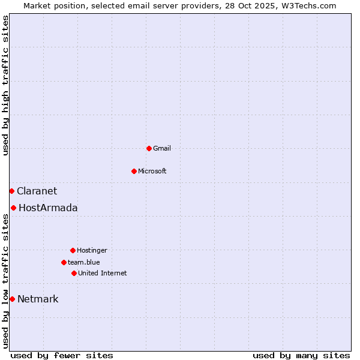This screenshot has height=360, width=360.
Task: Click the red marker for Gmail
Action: [149, 148]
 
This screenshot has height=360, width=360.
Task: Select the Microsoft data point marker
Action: [134, 171]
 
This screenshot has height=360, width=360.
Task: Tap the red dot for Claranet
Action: [11, 191]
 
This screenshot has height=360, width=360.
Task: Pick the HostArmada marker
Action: [13, 208]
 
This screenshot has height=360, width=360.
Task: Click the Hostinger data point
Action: [73, 250]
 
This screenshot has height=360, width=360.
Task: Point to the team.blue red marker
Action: [64, 262]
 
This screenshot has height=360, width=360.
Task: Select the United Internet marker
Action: [74, 273]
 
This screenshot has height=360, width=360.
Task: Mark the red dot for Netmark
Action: [12, 299]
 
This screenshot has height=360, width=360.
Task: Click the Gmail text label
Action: [162, 148]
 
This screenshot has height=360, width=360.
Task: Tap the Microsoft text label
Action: [152, 171]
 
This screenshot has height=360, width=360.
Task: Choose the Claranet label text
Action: [37, 191]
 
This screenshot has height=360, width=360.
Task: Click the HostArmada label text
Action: [48, 208]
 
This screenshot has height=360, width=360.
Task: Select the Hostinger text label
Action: [92, 250]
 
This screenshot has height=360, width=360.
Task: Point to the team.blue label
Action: [84, 262]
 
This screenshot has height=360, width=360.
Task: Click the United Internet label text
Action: [103, 273]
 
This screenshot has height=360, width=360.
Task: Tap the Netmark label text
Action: [38, 299]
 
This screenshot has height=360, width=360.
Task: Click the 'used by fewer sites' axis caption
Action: [62, 355]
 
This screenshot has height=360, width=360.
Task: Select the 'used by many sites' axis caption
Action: [301, 355]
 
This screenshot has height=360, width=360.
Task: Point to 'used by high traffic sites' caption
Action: [5, 85]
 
